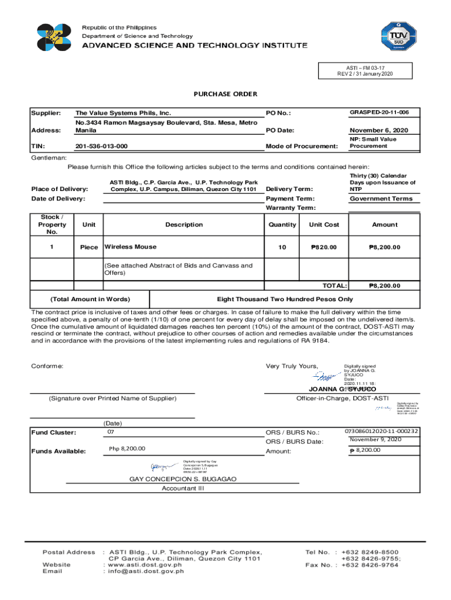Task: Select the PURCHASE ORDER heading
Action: point(225,94)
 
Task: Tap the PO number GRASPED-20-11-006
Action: point(379,112)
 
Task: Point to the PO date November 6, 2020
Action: point(379,130)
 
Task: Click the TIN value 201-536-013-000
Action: point(102,146)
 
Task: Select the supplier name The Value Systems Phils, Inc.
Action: point(122,112)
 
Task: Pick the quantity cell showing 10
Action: point(282,247)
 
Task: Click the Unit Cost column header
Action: point(324,224)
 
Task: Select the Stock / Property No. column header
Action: point(52,224)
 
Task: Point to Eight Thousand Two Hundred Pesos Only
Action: point(285,299)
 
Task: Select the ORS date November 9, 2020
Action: point(375,439)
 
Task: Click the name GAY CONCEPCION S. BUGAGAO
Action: point(183,479)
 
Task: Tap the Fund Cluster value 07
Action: point(110,432)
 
